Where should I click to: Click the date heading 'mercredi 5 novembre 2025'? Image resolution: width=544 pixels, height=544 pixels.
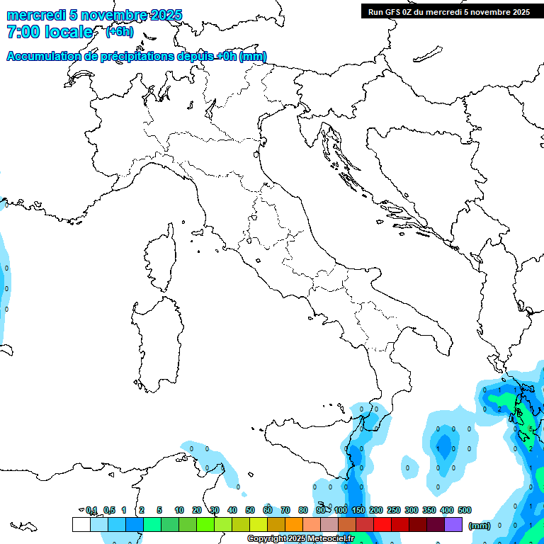[x=95, y=15]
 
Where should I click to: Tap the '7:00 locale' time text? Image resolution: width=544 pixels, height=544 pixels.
[x=50, y=32]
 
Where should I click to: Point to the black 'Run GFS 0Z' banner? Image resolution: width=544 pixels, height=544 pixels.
[x=448, y=11]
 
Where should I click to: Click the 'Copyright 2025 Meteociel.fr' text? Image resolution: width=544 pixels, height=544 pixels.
[x=300, y=538]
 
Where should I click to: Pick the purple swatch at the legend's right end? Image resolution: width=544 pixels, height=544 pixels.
[x=453, y=524]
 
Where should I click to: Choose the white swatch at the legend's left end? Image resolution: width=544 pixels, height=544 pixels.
[x=81, y=524]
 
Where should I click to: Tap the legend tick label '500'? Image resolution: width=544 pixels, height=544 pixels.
[x=465, y=510]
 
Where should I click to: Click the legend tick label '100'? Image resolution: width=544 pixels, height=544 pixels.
[x=341, y=510]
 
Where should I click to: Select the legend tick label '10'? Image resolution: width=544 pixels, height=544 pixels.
[x=179, y=510]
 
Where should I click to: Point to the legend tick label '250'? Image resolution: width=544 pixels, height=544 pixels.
[x=394, y=510]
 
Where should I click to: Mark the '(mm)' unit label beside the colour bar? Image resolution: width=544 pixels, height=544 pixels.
[x=480, y=526]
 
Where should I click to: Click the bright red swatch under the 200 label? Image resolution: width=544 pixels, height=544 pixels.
[x=382, y=524]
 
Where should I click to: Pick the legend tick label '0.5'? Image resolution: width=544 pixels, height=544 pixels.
[x=109, y=510]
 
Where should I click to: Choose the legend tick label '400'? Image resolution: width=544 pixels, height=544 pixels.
[x=447, y=510]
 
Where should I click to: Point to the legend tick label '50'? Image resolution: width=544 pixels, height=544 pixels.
[x=250, y=510]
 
